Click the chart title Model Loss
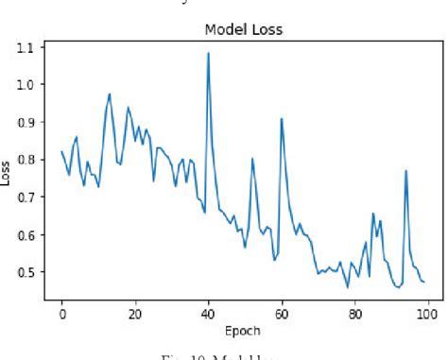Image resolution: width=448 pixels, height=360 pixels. click(243, 29)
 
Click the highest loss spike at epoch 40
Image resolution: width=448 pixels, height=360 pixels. click(208, 53)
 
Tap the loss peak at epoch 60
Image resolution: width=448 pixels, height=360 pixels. click(282, 119)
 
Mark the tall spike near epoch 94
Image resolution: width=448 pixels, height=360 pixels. click(405, 171)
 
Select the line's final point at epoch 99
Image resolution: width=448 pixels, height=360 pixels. click(423, 282)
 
